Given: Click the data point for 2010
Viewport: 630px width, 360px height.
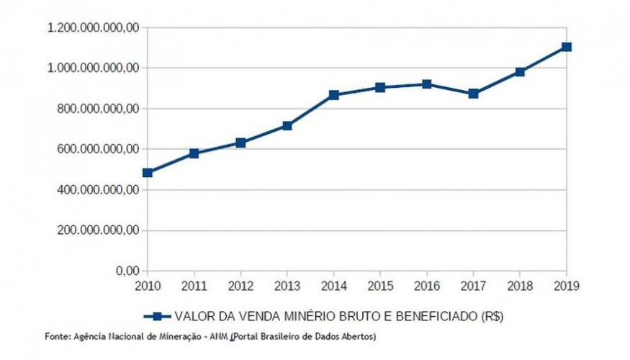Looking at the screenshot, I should click(x=148, y=173).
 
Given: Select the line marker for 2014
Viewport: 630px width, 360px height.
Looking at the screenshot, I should click(x=334, y=95).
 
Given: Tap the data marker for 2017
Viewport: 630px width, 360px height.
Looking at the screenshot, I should click(x=474, y=94).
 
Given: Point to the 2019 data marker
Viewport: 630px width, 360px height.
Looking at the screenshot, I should click(x=567, y=47).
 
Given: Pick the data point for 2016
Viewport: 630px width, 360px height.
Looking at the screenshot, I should click(x=427, y=84).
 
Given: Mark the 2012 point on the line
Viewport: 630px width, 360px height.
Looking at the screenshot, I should click(x=240, y=143).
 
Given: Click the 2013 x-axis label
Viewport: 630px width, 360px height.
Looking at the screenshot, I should click(x=287, y=285).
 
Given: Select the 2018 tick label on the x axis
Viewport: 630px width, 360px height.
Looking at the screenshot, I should click(x=520, y=285).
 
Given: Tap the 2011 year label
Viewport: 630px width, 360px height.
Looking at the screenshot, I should click(x=194, y=285).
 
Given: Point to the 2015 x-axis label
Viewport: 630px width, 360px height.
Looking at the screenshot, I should click(x=380, y=285).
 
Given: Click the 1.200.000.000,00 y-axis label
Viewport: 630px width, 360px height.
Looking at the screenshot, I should click(x=92, y=28).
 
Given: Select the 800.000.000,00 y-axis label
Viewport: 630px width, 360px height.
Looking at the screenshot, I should click(x=97, y=109).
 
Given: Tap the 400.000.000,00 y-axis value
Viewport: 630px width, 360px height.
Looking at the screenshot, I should click(x=97, y=190).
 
